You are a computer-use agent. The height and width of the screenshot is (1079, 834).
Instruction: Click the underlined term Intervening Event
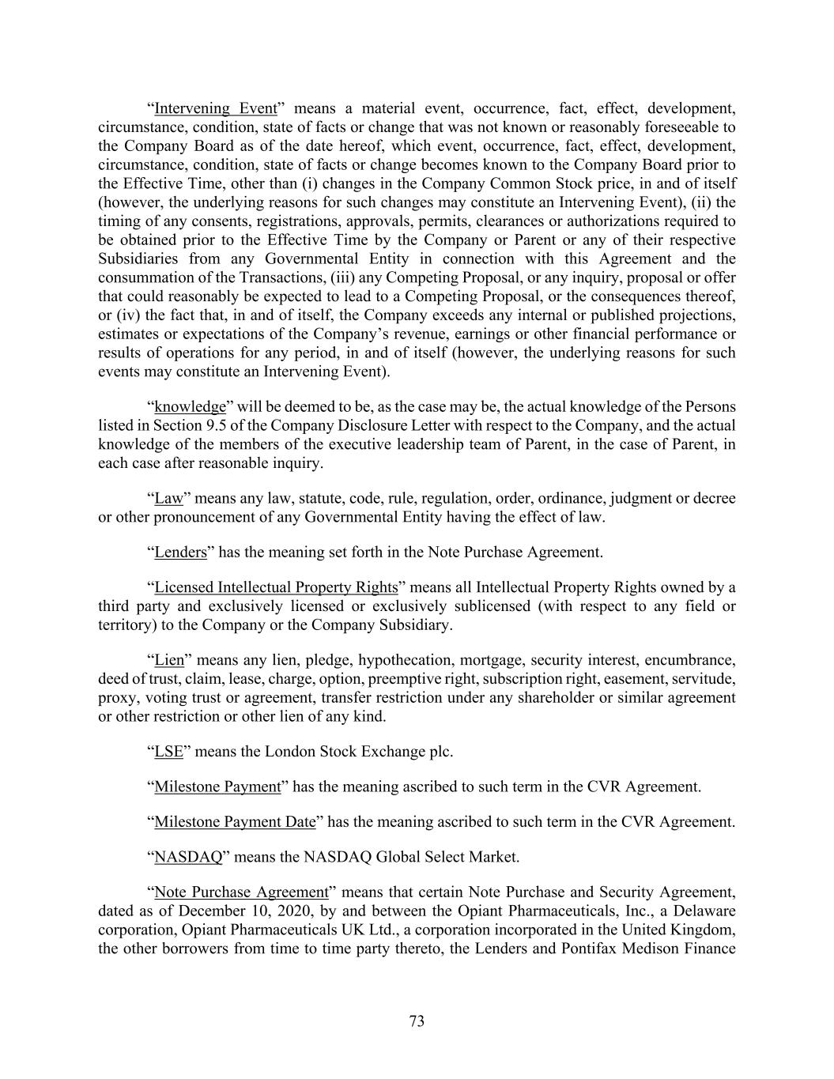point(216,108)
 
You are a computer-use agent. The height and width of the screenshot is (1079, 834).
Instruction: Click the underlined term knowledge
point(190,406)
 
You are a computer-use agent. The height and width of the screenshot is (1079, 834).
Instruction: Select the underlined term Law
point(168,498)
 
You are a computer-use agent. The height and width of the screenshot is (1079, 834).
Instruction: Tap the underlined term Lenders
point(180,552)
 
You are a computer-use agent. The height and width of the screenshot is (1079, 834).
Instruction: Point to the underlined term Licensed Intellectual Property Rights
point(276,587)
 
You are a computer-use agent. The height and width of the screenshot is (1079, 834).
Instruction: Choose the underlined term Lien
point(169,660)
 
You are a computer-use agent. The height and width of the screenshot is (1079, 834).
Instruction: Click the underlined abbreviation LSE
point(168,751)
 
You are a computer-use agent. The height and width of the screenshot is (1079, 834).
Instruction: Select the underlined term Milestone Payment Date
point(235,821)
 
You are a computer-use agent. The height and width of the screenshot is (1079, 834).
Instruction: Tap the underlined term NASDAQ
point(188,856)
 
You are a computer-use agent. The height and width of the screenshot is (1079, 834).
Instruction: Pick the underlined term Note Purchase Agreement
point(241,892)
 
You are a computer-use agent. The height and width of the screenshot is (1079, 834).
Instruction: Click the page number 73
point(417,1021)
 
